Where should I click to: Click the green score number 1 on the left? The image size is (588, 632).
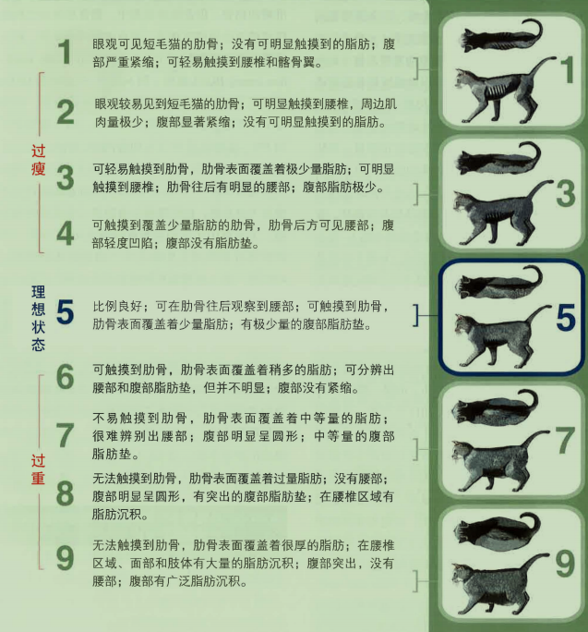pos(64,53)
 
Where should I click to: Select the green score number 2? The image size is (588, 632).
pos(65,113)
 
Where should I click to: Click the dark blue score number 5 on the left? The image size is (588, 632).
pos(65,312)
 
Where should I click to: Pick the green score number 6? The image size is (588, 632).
pos(65,376)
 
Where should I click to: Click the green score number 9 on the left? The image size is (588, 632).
pos(65,557)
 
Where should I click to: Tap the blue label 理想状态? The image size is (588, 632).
pos(36,315)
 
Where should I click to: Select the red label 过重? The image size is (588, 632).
pos(36,468)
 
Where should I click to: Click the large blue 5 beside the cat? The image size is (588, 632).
pos(566,317)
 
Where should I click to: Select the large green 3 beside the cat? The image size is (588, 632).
pos(566,192)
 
